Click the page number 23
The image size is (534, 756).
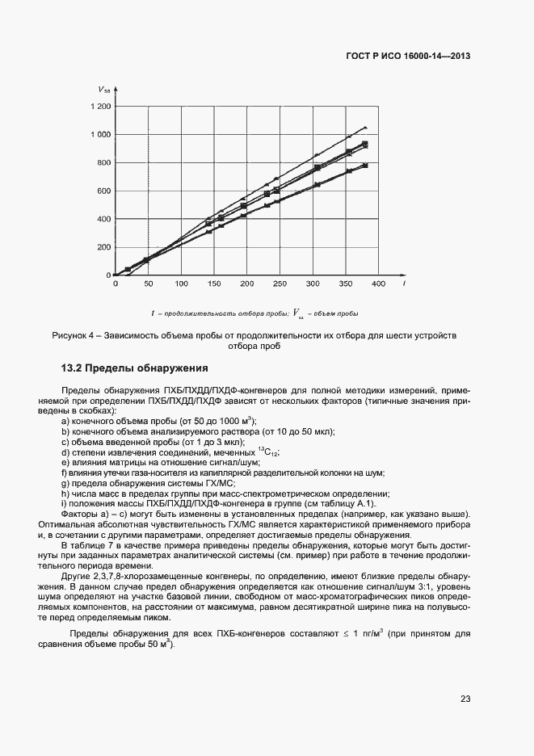click(x=465, y=698)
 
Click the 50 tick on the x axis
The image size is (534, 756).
click(x=148, y=284)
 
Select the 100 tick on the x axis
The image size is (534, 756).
click(x=181, y=284)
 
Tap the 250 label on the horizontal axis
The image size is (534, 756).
click(x=280, y=284)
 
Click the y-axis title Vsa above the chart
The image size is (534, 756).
click(x=103, y=88)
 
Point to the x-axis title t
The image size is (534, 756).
click(x=403, y=283)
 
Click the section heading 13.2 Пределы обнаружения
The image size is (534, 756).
click(x=135, y=367)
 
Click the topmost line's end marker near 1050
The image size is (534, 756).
click(x=365, y=128)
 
